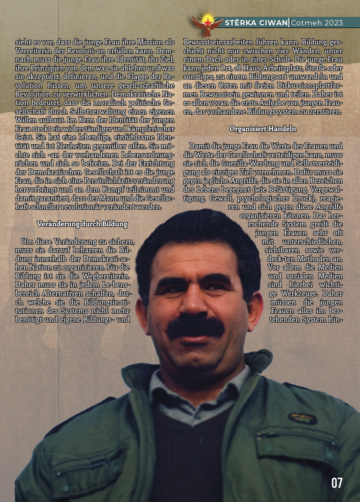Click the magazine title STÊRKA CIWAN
256,23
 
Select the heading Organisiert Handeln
263,129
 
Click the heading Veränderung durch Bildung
82,224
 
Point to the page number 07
337,483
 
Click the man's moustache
196,326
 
